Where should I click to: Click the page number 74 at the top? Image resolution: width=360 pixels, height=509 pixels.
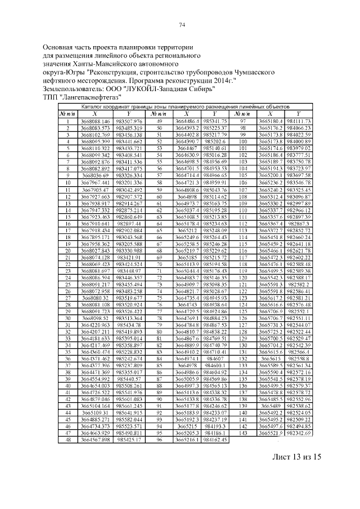point(182,25)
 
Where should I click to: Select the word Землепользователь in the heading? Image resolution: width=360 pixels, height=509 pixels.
point(74,89)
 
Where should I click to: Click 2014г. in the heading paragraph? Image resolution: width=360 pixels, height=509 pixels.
point(223,81)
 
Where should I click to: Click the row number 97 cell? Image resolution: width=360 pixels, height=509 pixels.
point(243,121)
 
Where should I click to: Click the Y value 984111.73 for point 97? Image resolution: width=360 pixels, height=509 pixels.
point(299,121)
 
